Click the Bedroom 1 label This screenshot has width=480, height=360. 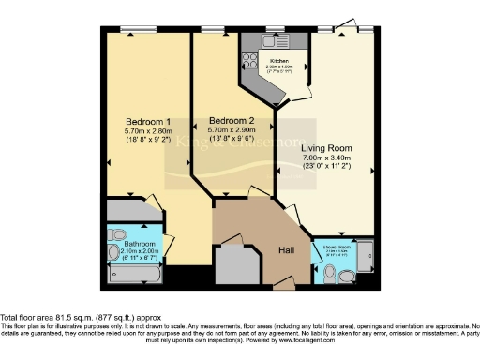148,122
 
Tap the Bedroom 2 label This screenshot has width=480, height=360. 232,121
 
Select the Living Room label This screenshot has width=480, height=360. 325,148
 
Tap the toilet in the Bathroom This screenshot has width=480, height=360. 117,234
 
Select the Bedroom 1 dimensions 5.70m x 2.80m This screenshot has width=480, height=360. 148,132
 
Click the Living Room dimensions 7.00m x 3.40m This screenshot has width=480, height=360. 325,158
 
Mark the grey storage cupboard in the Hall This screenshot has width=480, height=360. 235,262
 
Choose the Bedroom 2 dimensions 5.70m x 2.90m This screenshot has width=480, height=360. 232,131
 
